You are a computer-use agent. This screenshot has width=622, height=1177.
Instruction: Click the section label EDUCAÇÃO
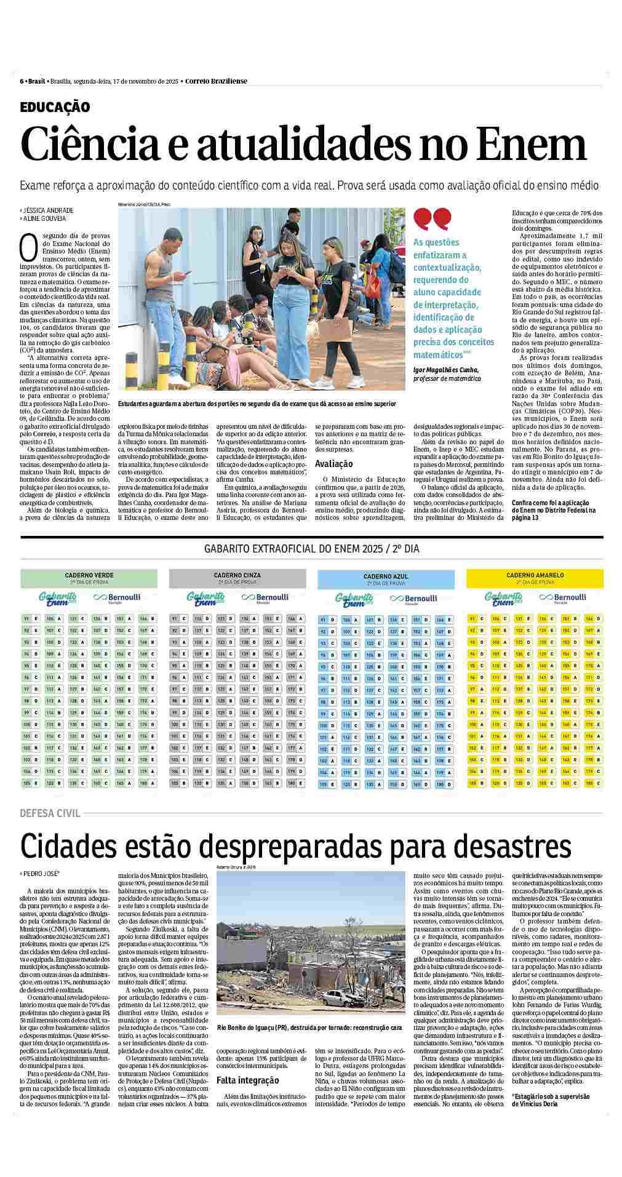[x=55, y=107]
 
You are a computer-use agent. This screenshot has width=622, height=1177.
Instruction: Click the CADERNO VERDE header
[x=89, y=576]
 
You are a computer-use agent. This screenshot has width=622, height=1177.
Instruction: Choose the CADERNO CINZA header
[x=237, y=576]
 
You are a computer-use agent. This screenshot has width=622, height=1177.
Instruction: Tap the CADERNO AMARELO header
[x=535, y=576]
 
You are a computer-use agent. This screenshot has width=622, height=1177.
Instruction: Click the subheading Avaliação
[x=333, y=464]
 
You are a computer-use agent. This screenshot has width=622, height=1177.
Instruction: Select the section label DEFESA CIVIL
[x=50, y=813]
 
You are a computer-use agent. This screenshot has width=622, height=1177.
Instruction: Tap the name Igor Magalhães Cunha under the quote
[x=446, y=369]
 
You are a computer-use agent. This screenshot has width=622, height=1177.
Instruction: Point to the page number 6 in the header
[x=22, y=81]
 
